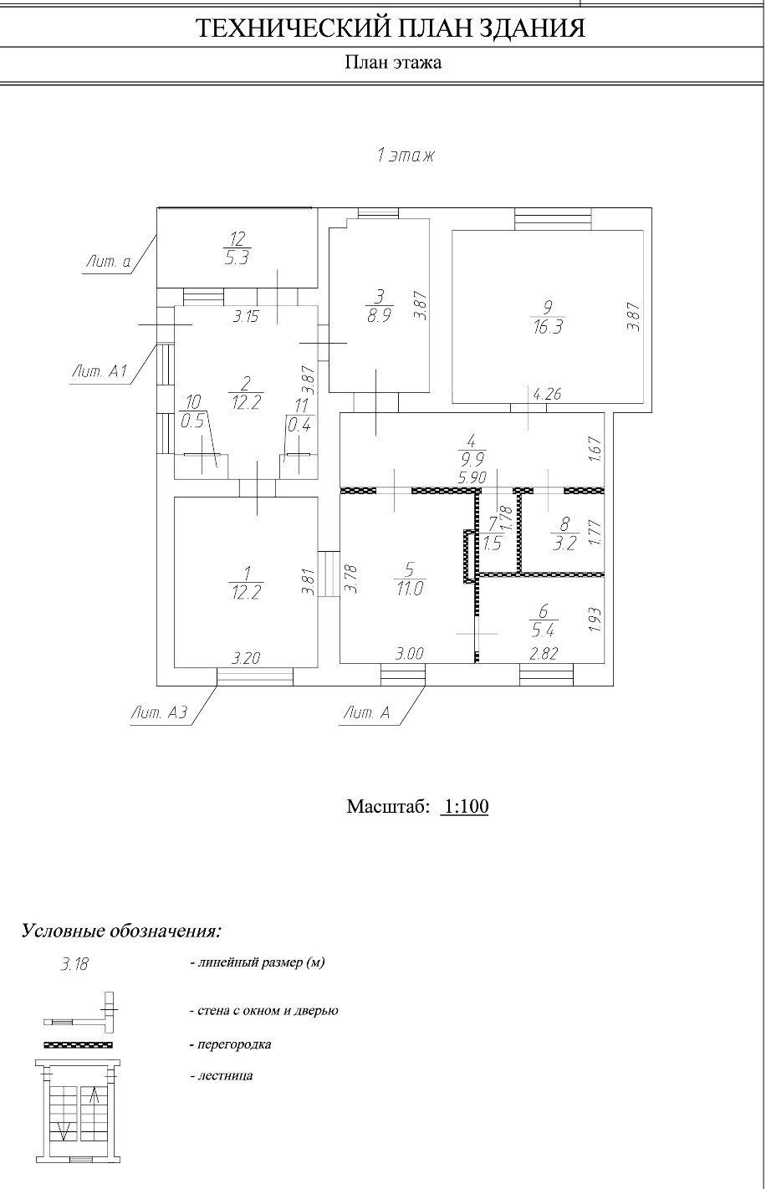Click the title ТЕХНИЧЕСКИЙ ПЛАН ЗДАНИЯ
pos(390,29)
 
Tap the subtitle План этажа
pos(393,63)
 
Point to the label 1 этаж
pos(406,156)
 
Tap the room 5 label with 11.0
pos(409,578)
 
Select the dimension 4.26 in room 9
pos(546,394)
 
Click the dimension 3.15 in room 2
pos(246,317)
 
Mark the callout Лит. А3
pos(158,713)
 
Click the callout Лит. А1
pos(99,373)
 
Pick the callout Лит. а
pos(108,263)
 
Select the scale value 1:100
pos(464,807)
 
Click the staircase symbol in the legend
pos(79,1111)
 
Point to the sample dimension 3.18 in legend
pos(74,964)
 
